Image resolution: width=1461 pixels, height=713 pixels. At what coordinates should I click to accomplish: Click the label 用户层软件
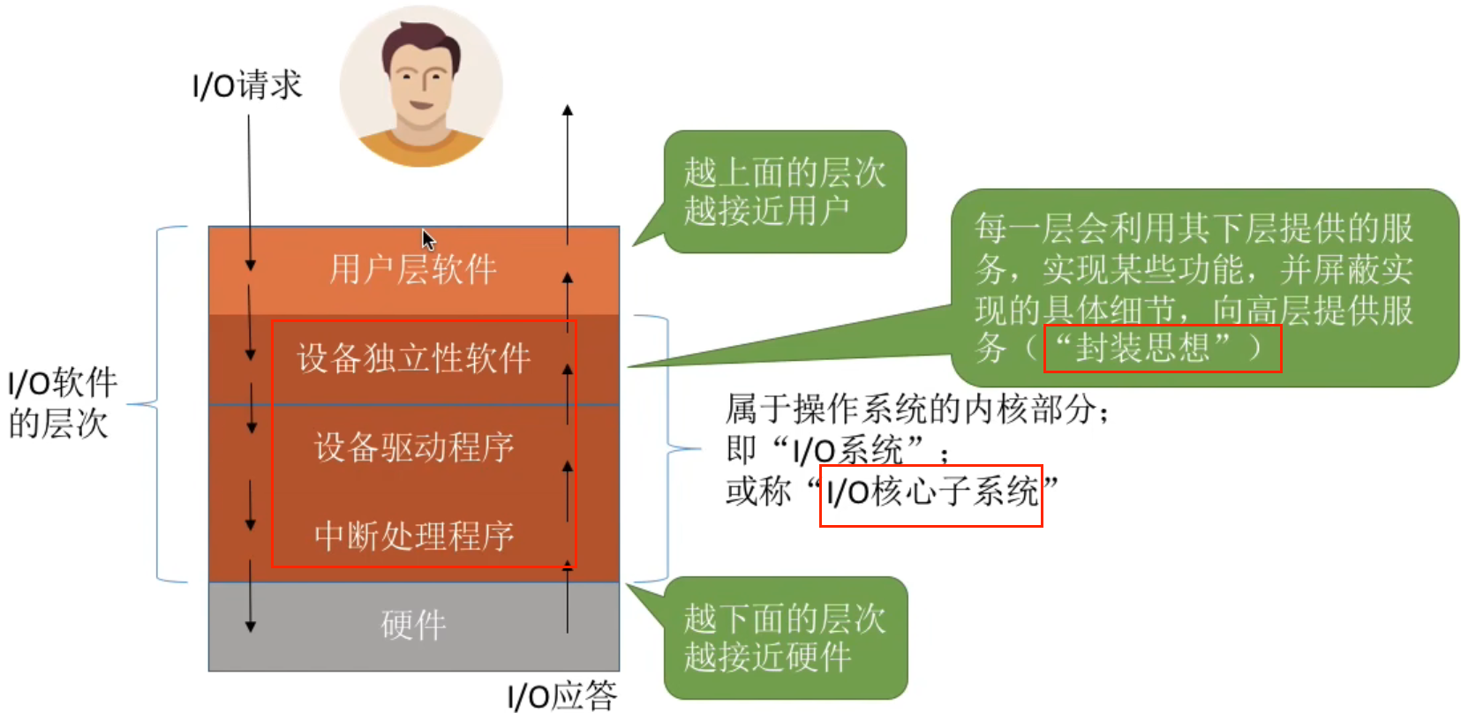point(413,269)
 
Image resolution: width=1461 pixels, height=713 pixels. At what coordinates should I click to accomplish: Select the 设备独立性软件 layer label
point(413,358)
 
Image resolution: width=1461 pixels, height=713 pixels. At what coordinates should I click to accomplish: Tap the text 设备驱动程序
point(413,447)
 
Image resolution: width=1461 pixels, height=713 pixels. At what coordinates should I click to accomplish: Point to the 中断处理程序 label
point(413,536)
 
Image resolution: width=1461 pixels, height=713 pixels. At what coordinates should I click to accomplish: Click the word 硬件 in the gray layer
point(413,625)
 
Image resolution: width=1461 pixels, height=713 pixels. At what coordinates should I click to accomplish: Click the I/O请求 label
point(247,86)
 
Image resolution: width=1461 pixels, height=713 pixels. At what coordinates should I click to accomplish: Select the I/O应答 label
point(562,695)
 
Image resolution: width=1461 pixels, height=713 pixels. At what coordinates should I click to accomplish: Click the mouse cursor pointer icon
point(428,239)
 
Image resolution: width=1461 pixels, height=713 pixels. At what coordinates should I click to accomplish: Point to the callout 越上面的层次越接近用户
point(784,191)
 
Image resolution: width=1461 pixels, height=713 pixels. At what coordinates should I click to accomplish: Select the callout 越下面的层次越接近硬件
point(784,637)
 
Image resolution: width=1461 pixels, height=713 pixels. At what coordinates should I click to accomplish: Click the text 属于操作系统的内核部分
point(916,409)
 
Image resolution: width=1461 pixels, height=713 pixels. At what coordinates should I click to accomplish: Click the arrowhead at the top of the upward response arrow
point(568,110)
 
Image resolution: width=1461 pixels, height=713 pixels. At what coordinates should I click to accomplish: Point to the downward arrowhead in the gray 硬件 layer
point(251,627)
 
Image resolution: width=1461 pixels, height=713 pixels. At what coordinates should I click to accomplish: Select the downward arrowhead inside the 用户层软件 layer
point(251,265)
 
